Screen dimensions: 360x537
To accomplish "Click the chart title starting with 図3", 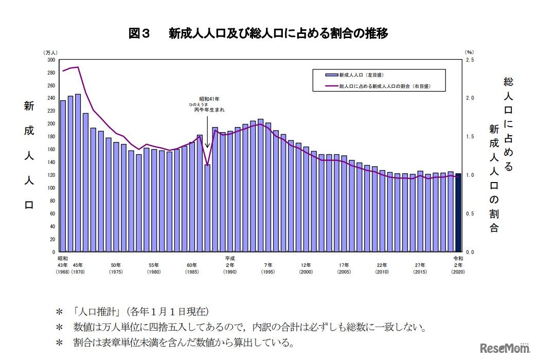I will tap(258, 34).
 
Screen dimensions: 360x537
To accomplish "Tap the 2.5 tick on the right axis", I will tap(470, 60).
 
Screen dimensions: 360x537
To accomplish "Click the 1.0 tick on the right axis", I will tap(470, 175).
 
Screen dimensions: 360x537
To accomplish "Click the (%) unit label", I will tap(469, 52).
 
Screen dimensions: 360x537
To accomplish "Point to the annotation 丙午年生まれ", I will tap(209, 110).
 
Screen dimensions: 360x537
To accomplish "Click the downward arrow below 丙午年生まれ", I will tap(207, 131).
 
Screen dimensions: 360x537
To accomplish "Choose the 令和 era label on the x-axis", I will tap(458, 258).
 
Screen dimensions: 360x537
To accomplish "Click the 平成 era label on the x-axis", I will tap(230, 258).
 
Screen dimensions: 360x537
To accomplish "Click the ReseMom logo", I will tap(504, 349).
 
